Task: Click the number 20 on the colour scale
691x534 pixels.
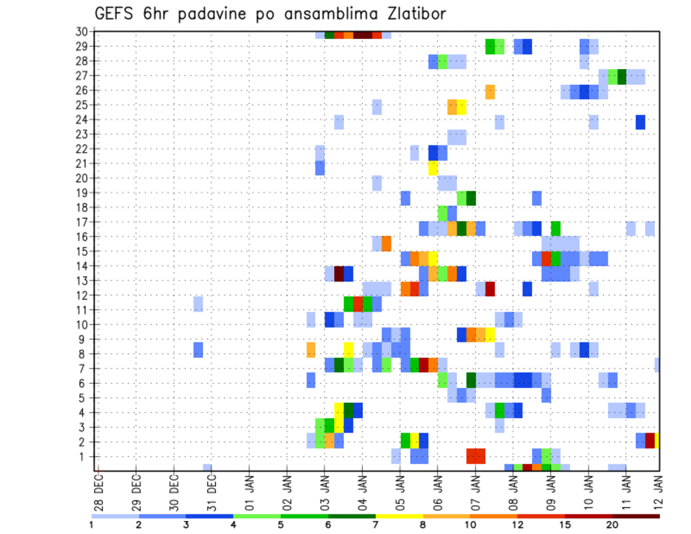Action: (613, 525)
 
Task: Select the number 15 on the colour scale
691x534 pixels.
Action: (565, 525)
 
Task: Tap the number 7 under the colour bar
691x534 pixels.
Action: (376, 525)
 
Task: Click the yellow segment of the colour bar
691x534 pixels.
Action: (399, 516)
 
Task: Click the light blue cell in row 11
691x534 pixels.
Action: (198, 304)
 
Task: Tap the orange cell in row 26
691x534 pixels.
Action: (490, 91)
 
